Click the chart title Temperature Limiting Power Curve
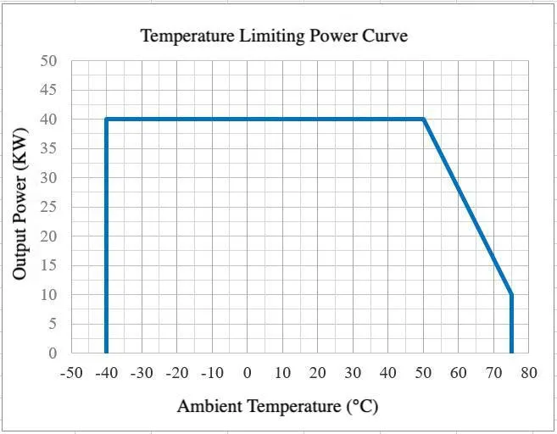coord(274,36)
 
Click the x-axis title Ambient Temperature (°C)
coord(277,406)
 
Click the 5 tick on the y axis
coord(53,324)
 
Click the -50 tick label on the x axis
coord(71,373)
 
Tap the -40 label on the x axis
coord(106,373)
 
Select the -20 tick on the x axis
coord(176,373)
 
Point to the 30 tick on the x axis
coord(353,373)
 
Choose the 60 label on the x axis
coord(459,373)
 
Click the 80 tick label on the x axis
coord(529,373)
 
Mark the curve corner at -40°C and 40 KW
coord(106,120)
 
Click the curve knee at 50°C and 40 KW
coord(423,120)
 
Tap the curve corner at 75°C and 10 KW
coord(511,294)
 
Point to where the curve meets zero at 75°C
coord(511,352)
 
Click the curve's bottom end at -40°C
coord(106,352)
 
